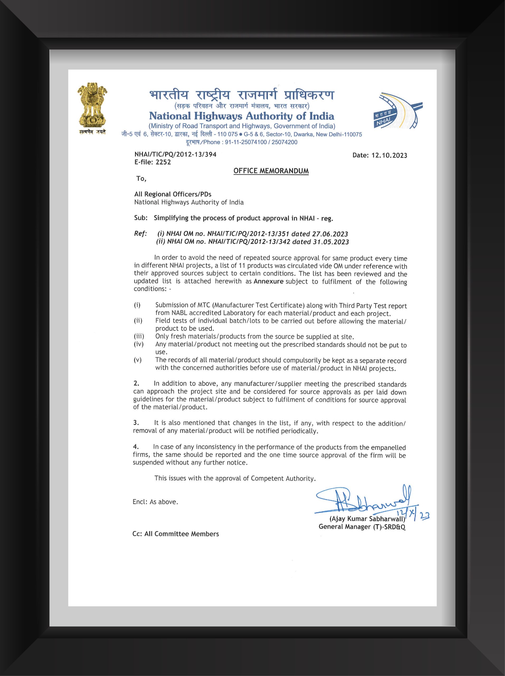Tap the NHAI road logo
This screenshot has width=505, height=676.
(397, 110)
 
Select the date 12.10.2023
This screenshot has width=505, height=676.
(389, 155)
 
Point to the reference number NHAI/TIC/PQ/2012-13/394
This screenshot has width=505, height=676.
(175, 154)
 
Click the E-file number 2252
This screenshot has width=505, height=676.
(163, 162)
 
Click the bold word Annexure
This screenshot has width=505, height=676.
(268, 281)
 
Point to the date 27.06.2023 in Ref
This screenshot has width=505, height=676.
(330, 234)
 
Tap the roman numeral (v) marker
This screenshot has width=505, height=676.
(138, 360)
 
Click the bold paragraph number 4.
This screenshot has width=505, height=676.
(136, 447)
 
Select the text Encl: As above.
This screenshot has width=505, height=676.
(155, 502)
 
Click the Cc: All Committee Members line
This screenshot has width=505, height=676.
(175, 534)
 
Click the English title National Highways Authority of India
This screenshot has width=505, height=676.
(241, 116)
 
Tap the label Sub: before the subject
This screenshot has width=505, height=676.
(140, 218)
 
